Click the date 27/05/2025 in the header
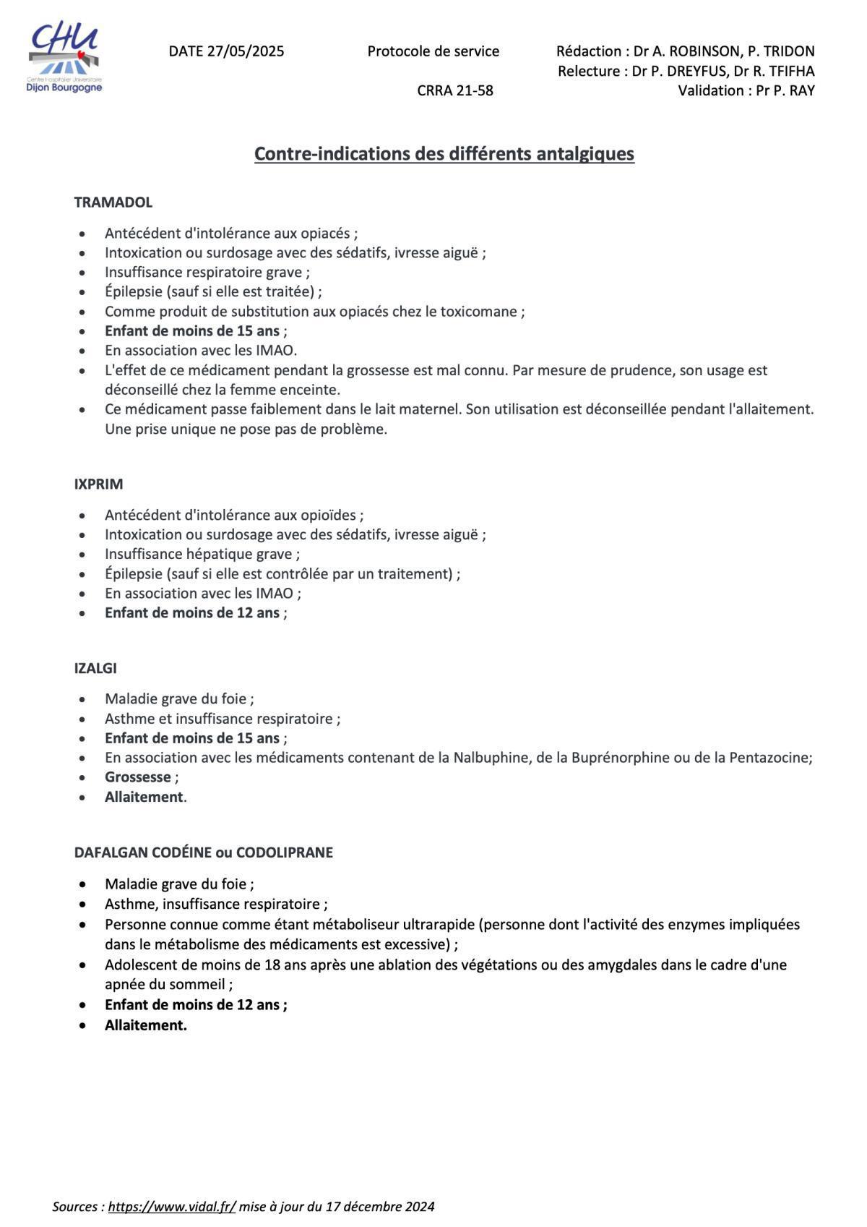[x=245, y=51]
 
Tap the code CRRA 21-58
[x=455, y=90]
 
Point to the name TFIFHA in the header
[x=790, y=71]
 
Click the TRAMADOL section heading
[x=113, y=202]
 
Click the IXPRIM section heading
[x=98, y=484]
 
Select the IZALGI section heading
[x=95, y=668]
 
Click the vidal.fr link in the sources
[x=172, y=1207]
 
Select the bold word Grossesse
[x=138, y=777]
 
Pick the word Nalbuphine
[x=488, y=758]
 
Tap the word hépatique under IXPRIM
[x=222, y=555]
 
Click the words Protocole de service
[x=433, y=51]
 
